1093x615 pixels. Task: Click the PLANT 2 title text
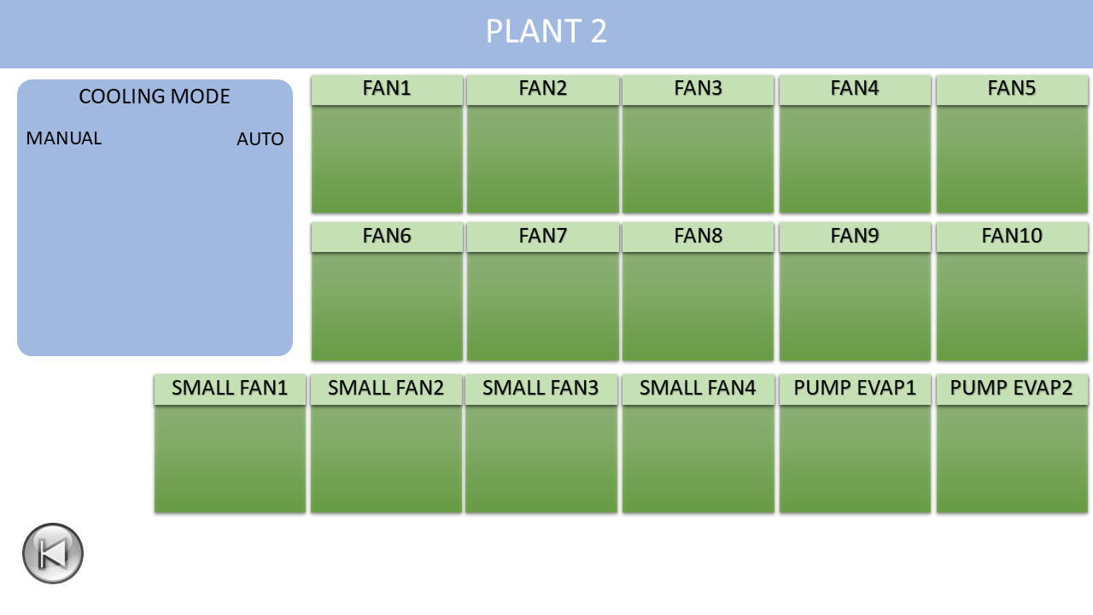[546, 32]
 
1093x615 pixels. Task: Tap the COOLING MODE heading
[155, 97]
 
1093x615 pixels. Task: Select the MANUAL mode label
[64, 138]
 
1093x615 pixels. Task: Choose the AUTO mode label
[260, 139]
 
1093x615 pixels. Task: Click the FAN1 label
[387, 88]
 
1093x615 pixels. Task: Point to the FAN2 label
[542, 88]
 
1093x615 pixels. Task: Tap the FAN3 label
[698, 88]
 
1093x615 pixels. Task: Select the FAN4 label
[855, 88]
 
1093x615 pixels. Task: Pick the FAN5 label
[1012, 88]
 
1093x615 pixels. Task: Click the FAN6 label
[387, 236]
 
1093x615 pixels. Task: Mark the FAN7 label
[542, 236]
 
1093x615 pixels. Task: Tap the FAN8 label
[698, 236]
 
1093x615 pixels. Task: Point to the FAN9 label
[855, 236]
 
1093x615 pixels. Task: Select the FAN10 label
[1012, 236]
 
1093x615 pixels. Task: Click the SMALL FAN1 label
[230, 388]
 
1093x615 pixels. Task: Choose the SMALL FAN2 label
[385, 388]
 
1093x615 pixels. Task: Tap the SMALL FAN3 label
[541, 388]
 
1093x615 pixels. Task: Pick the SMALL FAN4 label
[698, 388]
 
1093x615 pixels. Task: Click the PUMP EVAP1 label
[855, 388]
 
